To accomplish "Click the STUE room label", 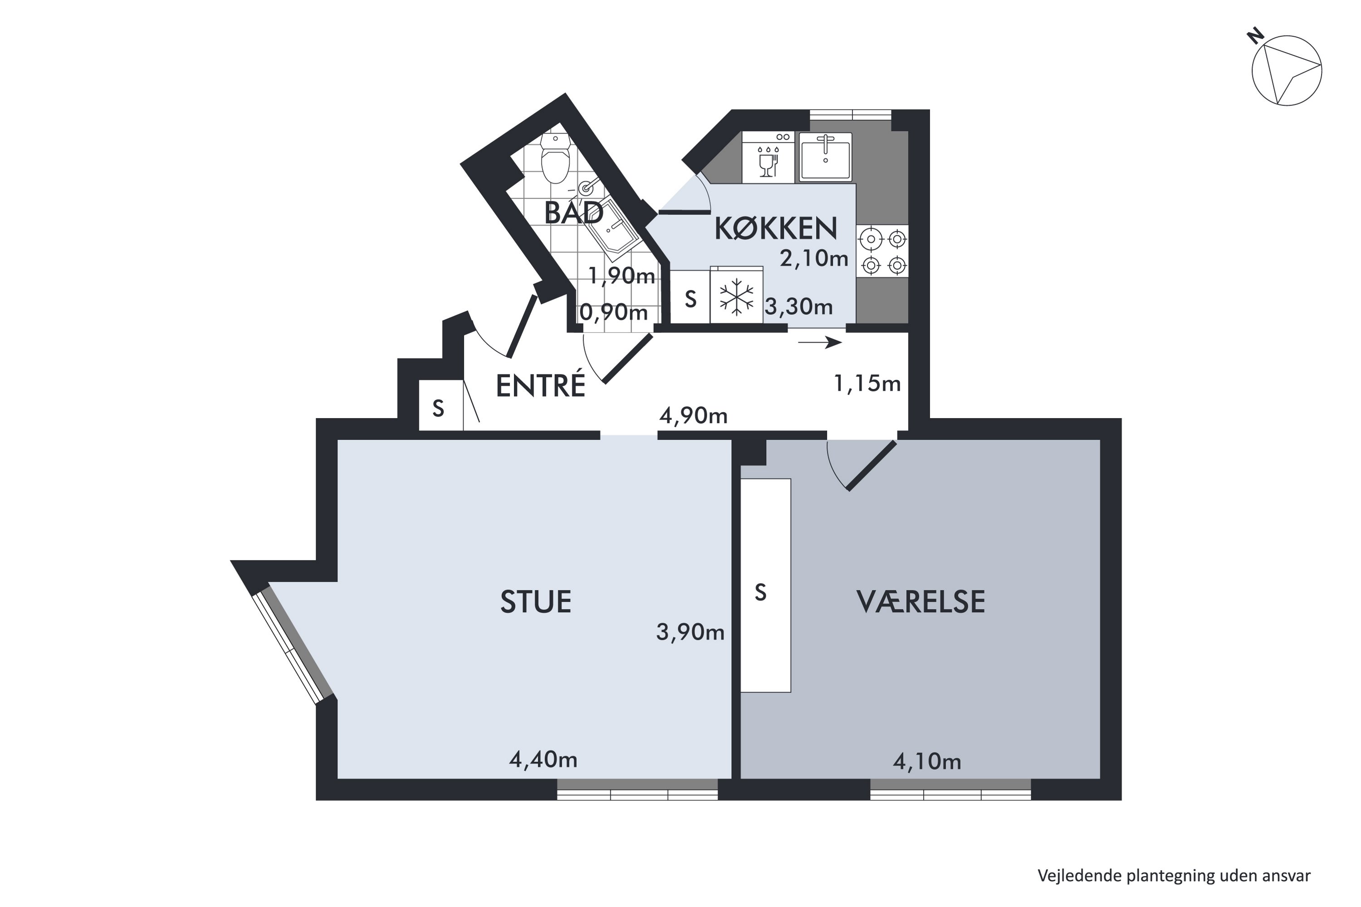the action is [x=536, y=602].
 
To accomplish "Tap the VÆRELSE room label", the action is [x=920, y=602].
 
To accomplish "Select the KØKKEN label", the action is [x=776, y=228].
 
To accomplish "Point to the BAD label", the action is [x=573, y=212].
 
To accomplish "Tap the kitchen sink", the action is [x=825, y=157].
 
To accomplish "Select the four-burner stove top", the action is [x=883, y=251].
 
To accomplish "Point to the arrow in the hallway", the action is [x=820, y=343].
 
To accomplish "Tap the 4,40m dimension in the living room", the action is [x=543, y=760].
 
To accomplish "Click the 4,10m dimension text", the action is [x=927, y=762].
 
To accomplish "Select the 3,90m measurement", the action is [x=690, y=632].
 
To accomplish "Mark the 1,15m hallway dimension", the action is [x=867, y=384].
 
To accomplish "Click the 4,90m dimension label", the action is [x=693, y=416].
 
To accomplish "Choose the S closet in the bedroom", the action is [x=766, y=585].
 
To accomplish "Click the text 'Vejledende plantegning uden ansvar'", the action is [x=1174, y=876].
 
